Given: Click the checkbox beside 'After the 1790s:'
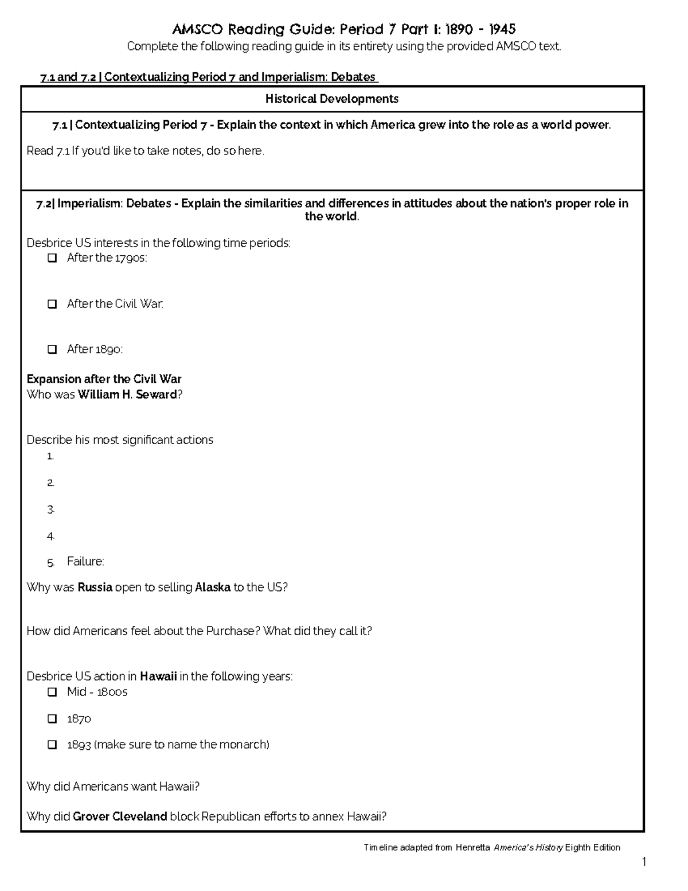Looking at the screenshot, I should tap(52, 258).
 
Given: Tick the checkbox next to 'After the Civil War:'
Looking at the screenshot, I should tap(52, 304).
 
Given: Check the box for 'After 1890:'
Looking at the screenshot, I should tap(52, 349).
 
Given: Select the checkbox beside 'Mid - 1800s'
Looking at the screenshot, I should tap(52, 692).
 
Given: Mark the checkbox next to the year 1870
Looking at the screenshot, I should tap(52, 719).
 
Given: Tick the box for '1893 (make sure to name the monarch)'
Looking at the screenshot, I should tap(52, 745).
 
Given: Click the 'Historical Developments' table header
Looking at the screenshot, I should tap(332, 99).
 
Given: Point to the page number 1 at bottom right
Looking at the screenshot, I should tap(644, 862).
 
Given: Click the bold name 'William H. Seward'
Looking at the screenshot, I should tap(127, 395).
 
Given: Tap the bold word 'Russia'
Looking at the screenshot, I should tap(95, 587).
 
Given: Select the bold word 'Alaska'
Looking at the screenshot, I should tap(213, 587).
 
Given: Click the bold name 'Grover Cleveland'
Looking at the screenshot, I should tap(120, 816).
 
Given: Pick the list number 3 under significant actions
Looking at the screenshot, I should tap(51, 509).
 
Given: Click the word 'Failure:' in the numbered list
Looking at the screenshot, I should tap(85, 562).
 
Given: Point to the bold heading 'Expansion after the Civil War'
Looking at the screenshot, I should tap(104, 379).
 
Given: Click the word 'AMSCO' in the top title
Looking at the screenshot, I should tap(198, 29).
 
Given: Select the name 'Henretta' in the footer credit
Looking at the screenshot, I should tap(472, 847).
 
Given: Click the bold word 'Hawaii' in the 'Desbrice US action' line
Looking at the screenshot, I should tap(158, 676).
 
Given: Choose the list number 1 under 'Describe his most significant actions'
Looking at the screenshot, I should tap(51, 457).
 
